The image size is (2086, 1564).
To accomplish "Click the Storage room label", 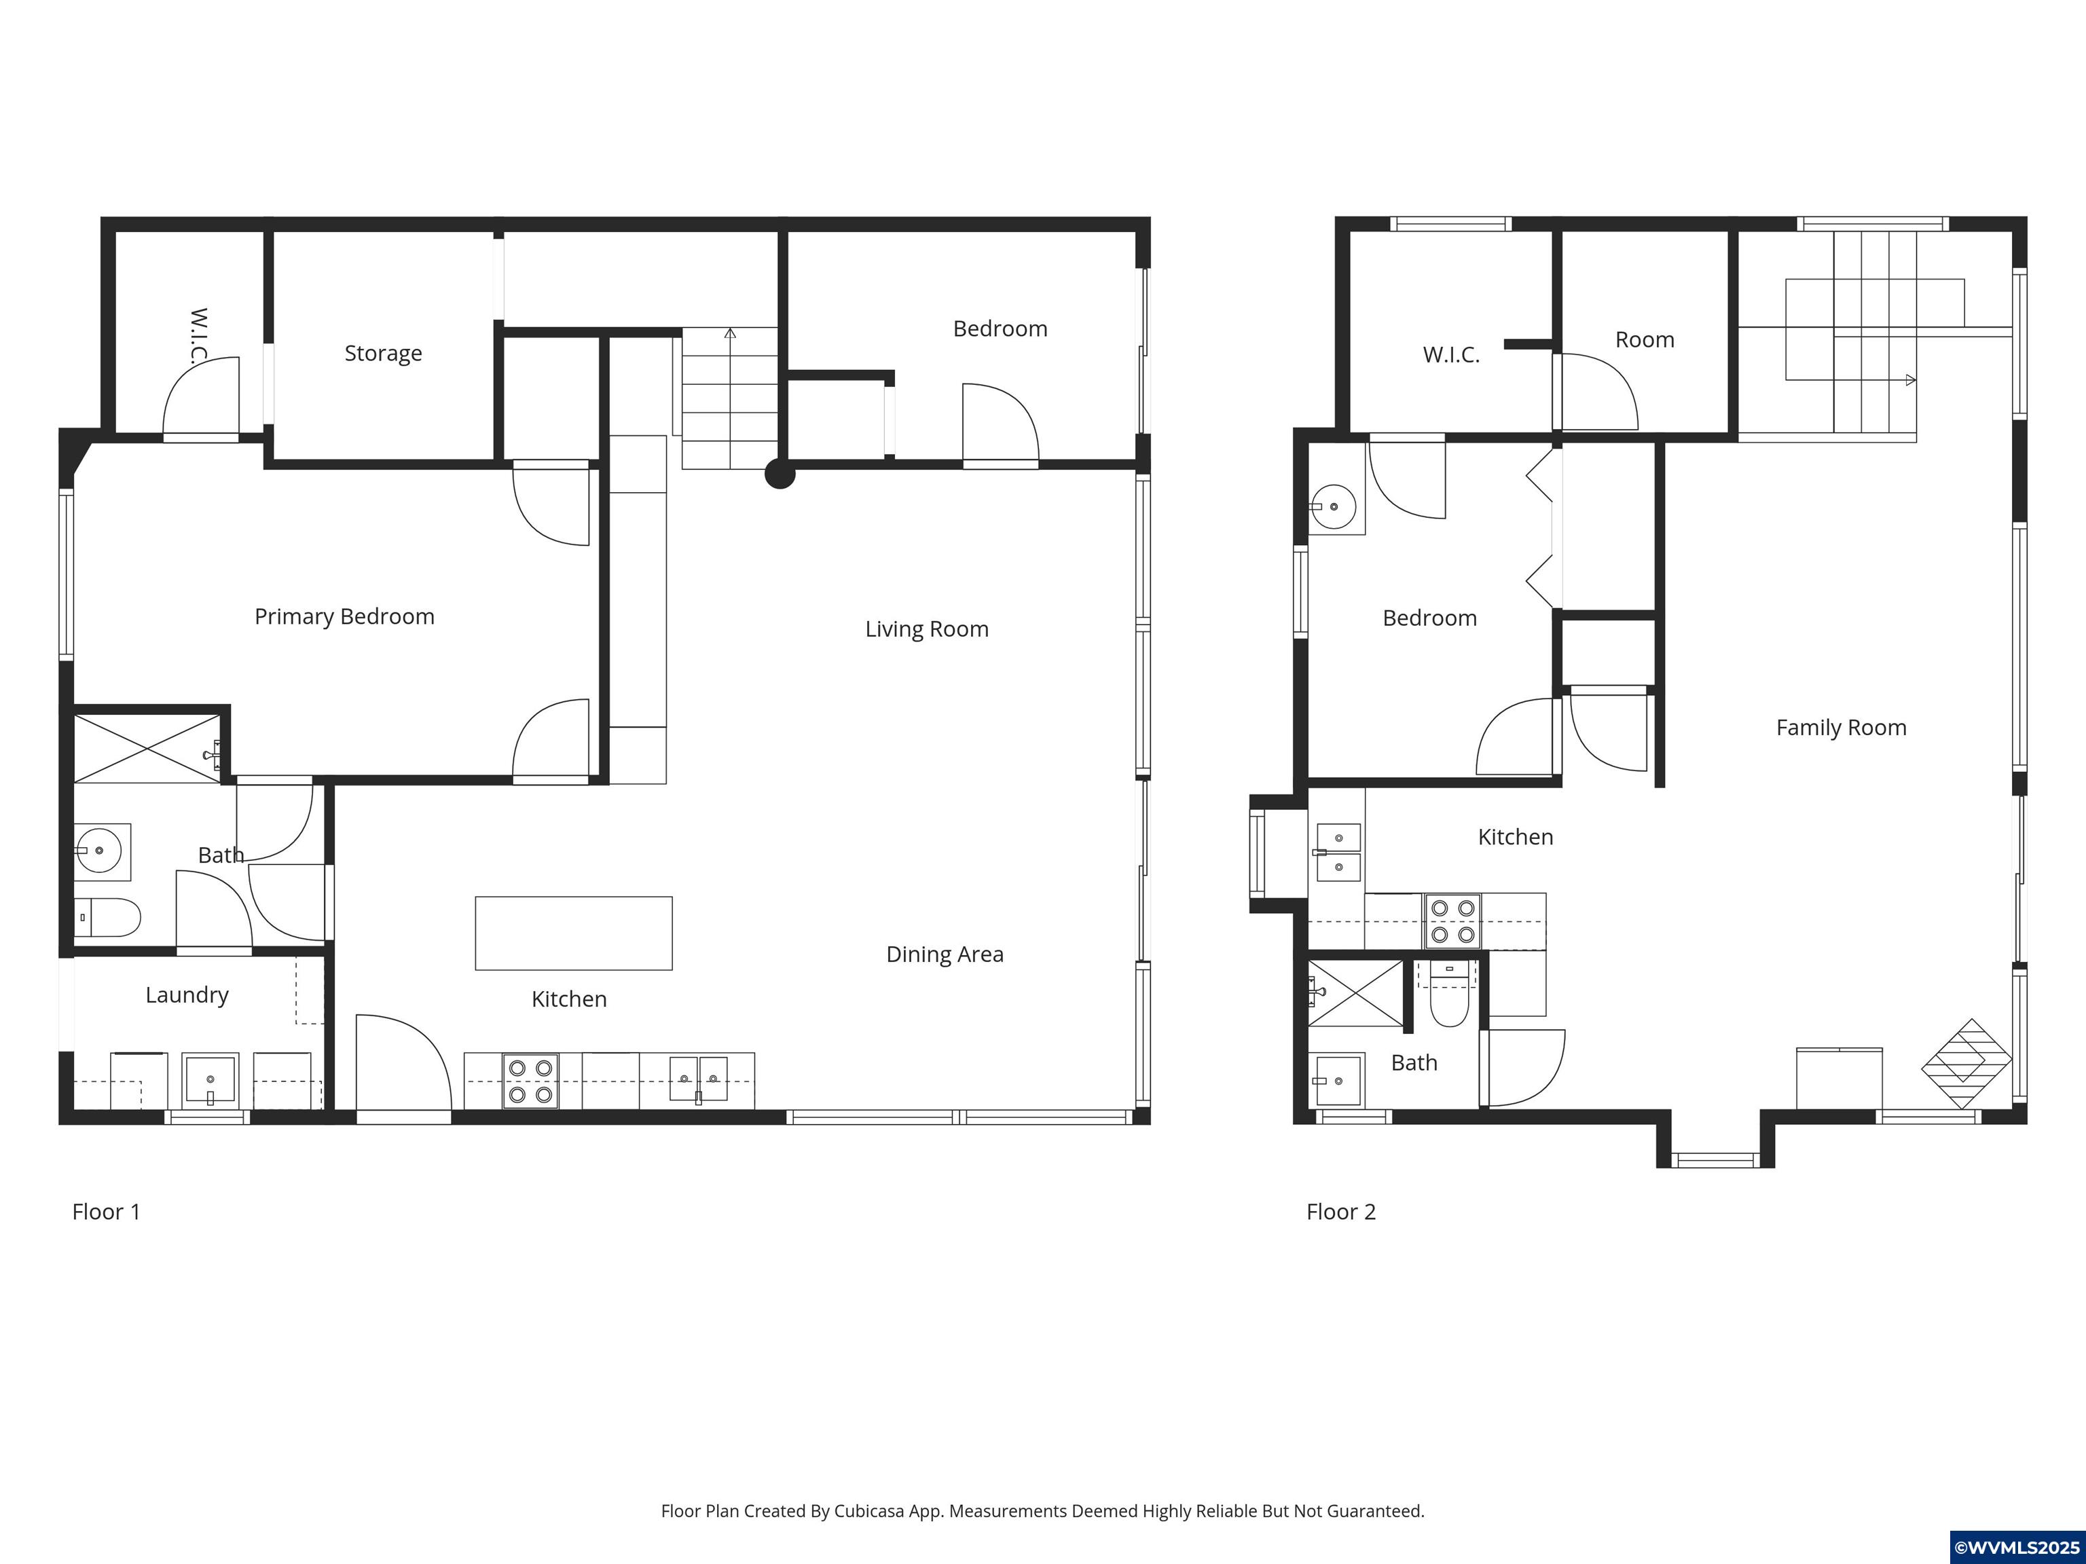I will (x=383, y=354).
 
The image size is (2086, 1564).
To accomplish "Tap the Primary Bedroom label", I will (x=344, y=616).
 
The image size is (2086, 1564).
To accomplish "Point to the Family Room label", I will (x=1841, y=728).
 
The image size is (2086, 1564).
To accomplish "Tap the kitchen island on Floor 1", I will (x=573, y=933).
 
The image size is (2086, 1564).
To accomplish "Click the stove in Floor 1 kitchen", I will (x=530, y=1081).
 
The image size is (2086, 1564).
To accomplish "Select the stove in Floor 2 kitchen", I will (x=1452, y=921).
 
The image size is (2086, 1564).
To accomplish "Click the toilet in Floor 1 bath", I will (x=107, y=917).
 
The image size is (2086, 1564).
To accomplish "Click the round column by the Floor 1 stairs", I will (x=779, y=473).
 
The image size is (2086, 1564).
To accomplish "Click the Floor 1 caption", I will (x=107, y=1212).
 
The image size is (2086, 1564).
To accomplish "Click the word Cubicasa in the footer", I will (x=868, y=1511).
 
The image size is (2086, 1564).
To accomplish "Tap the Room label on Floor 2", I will (x=1645, y=340).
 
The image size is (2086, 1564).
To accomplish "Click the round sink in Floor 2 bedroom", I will (x=1334, y=507).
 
